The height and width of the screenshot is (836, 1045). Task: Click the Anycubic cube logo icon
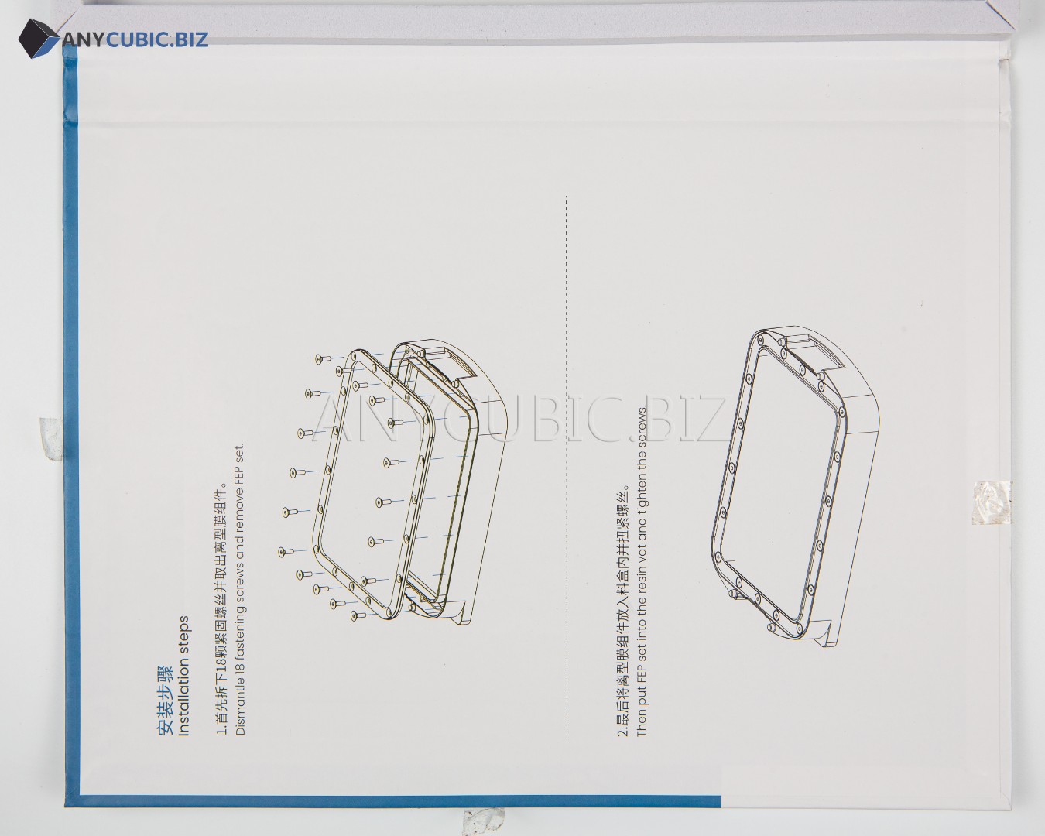pos(39,39)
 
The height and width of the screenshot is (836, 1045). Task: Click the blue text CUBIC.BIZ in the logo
pos(156,39)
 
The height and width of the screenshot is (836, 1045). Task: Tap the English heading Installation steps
pos(184,677)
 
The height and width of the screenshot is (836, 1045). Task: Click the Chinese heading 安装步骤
pos(165,700)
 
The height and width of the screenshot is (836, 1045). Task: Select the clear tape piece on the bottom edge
pos(484,822)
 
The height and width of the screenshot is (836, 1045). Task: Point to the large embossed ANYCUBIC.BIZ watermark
pos(519,419)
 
